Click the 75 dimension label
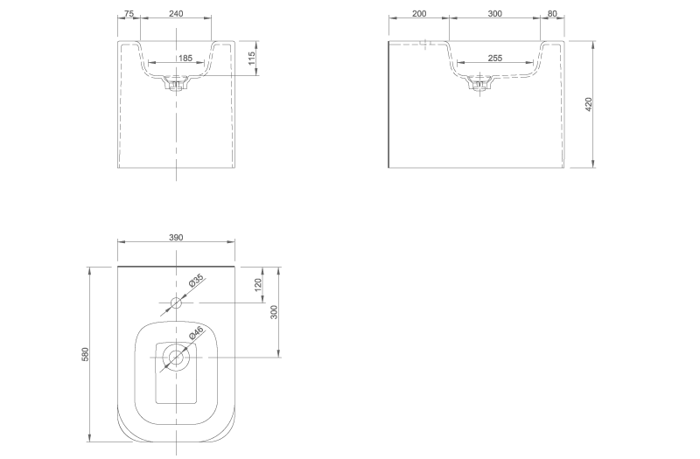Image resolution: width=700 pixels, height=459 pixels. (x=129, y=13)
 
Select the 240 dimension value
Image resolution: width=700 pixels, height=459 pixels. (x=176, y=13)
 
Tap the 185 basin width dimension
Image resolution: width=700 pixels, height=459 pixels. (x=185, y=58)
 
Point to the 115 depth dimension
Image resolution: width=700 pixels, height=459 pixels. (x=252, y=59)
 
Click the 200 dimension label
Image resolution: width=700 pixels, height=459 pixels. (x=419, y=13)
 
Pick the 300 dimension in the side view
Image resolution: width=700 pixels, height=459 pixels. (x=494, y=13)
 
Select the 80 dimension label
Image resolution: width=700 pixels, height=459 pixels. (x=552, y=13)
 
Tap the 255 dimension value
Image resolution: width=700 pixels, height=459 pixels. (x=494, y=58)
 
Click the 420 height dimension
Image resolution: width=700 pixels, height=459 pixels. (x=588, y=104)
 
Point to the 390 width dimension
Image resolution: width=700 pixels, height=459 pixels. (x=176, y=237)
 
